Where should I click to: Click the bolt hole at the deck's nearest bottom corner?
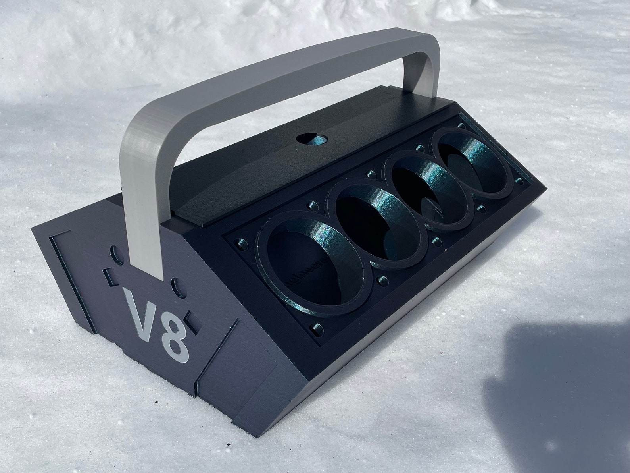[315, 328]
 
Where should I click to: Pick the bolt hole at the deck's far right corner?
[519, 181]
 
